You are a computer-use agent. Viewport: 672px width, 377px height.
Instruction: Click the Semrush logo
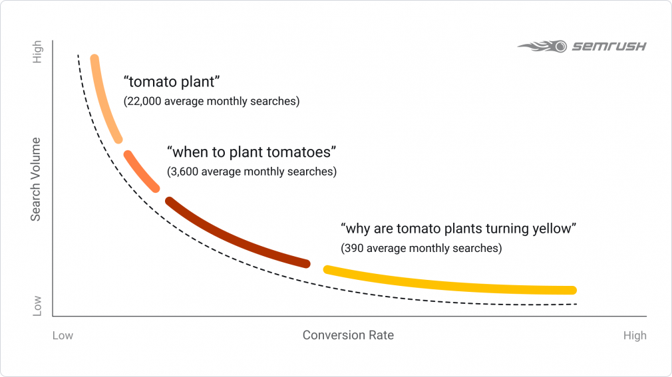[582, 47]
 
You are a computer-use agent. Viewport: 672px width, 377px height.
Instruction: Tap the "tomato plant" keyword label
[172, 83]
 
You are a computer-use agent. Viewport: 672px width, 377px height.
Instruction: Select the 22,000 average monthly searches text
[212, 102]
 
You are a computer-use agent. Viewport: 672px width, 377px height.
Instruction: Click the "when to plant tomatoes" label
[251, 152]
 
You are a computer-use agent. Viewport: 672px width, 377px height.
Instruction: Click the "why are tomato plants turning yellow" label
[458, 229]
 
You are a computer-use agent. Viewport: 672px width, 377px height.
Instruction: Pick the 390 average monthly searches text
[420, 249]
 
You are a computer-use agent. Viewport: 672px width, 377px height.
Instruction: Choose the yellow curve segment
[452, 283]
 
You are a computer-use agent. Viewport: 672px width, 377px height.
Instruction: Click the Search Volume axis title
[37, 180]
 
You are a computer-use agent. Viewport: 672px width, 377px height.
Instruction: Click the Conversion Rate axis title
[348, 335]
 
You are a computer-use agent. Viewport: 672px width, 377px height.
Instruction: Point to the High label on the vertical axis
[37, 53]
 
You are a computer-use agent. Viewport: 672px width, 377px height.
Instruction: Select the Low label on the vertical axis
[37, 305]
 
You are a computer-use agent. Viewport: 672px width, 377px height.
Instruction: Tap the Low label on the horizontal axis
[63, 336]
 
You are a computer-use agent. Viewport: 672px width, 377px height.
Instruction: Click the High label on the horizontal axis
[634, 336]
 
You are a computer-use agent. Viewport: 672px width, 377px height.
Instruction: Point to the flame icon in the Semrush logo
[542, 47]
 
